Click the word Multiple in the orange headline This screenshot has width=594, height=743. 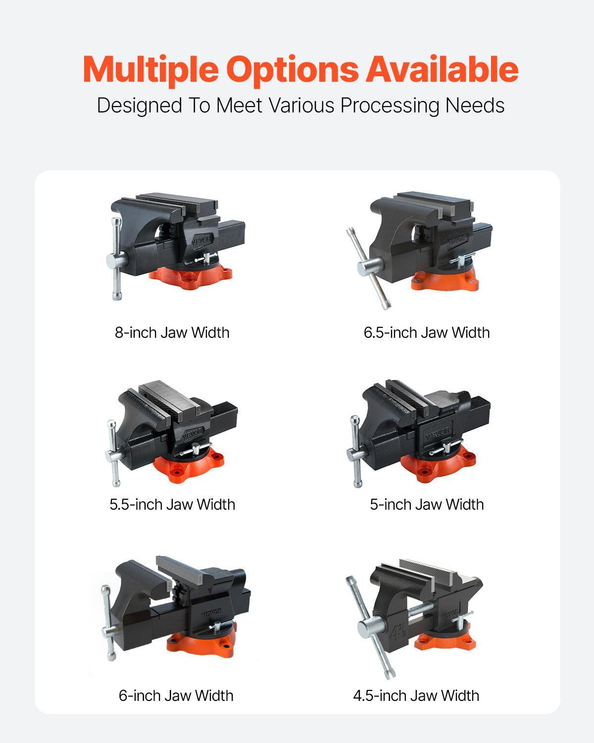coord(150,69)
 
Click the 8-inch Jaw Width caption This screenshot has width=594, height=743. coord(172,332)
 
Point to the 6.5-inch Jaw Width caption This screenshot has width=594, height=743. coord(426,332)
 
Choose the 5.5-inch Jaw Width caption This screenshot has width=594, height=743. coord(172,504)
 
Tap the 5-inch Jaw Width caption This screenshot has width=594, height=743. coord(426,504)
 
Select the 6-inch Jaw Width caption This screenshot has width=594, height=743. coord(176,695)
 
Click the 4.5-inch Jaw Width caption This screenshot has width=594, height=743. coord(416,695)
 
